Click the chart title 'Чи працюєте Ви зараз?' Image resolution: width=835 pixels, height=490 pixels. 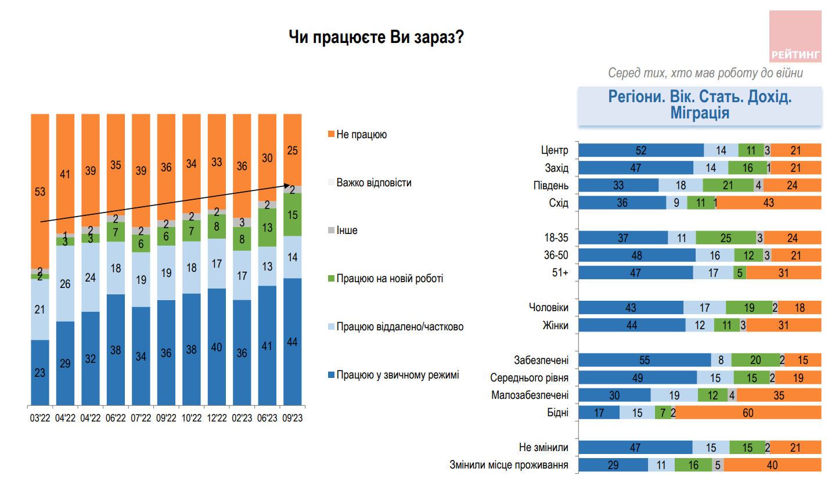pos(376,38)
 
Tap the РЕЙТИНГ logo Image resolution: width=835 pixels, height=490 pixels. pos(795,37)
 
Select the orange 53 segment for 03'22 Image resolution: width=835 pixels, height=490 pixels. pos(40,192)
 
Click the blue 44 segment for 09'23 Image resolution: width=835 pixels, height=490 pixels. pos(293,342)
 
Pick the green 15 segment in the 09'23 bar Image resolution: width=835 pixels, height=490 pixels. pos(293,215)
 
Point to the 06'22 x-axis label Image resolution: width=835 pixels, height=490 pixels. pos(116,418)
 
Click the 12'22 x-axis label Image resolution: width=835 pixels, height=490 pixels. pos(217,418)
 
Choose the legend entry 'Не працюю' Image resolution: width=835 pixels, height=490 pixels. pos(361,135)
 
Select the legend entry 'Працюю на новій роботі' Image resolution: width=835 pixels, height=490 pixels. pos(389,279)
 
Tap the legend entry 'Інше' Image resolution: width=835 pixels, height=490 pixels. pos(347,230)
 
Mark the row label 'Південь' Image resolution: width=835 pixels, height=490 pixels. pos(550,186)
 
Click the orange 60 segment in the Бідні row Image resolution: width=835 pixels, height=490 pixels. pos(748,413)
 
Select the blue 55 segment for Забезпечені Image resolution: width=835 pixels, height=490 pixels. pos(645,361)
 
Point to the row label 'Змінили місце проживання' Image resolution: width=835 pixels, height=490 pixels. pos(509,465)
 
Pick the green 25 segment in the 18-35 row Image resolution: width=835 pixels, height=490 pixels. pos(726,238)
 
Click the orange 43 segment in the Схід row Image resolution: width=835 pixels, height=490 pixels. pos(769,203)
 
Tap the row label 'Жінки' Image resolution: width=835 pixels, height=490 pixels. pos(555,326)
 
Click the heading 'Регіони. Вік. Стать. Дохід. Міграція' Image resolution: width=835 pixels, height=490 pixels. pos(700,105)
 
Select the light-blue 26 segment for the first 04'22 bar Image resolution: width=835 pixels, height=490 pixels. pos(65,284)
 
